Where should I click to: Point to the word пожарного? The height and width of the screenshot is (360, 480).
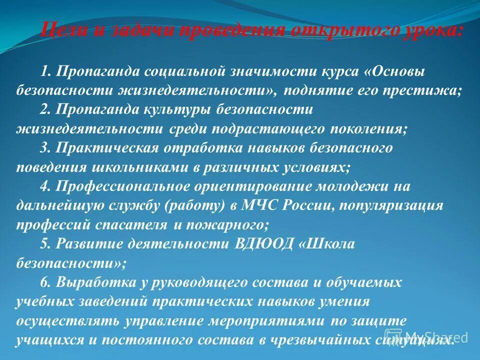(227, 224)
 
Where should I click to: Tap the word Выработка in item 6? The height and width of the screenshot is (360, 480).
(95, 282)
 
